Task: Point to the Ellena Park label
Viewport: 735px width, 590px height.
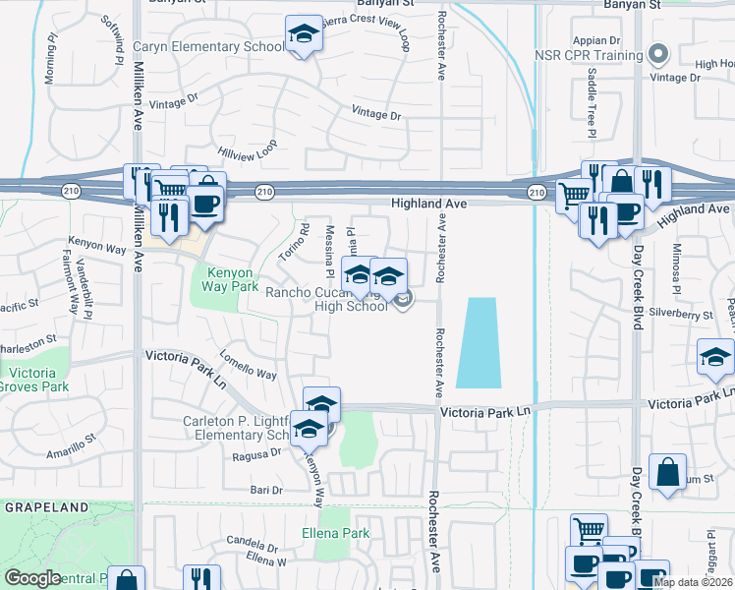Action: point(335,533)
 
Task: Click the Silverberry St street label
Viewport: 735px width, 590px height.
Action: point(680,316)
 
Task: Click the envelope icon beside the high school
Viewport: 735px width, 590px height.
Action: point(404,299)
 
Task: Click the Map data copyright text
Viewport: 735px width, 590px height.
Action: point(692,581)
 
